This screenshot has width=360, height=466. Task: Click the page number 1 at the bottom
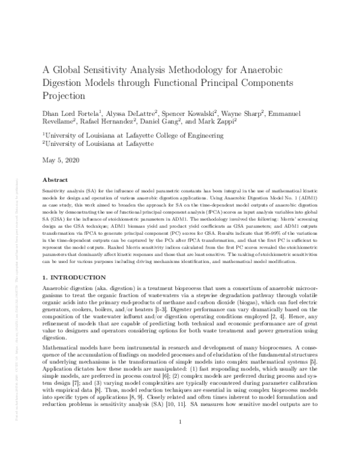180,439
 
